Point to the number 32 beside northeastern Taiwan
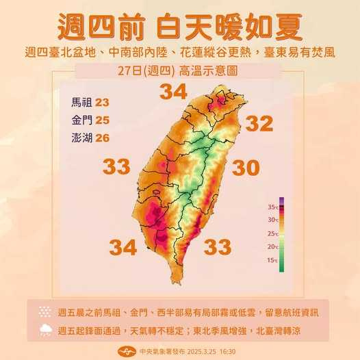(259, 124)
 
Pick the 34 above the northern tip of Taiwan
(172, 90)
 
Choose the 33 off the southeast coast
(217, 245)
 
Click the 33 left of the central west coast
(117, 166)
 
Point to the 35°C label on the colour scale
(273, 207)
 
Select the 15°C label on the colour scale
(273, 260)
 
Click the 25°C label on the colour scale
(273, 233)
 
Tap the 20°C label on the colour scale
(273, 246)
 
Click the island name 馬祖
(80, 102)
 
